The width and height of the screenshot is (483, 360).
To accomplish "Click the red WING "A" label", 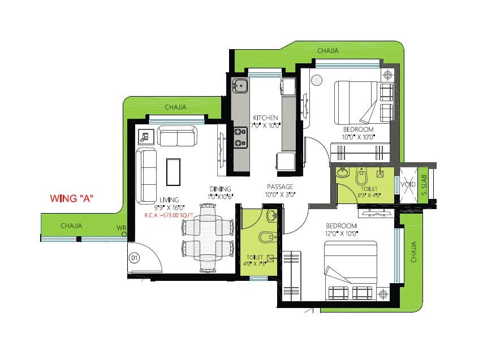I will point(71,198).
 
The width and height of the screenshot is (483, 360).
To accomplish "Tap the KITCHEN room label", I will point(265,118).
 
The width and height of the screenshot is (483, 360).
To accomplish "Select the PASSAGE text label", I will point(280,186).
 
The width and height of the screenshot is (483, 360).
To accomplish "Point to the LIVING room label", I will point(169,199).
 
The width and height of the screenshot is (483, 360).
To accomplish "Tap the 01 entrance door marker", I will point(135,258).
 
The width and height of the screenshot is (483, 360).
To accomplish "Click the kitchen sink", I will point(240,86).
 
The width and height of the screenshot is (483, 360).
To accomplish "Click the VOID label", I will point(409,184).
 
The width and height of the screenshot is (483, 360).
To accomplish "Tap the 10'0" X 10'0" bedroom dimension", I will point(359,137).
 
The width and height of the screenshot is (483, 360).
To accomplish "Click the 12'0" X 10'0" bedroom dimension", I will point(341,233).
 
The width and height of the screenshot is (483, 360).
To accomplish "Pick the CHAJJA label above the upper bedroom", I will point(328,51).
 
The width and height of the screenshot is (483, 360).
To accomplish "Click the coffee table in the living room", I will point(172,171).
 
